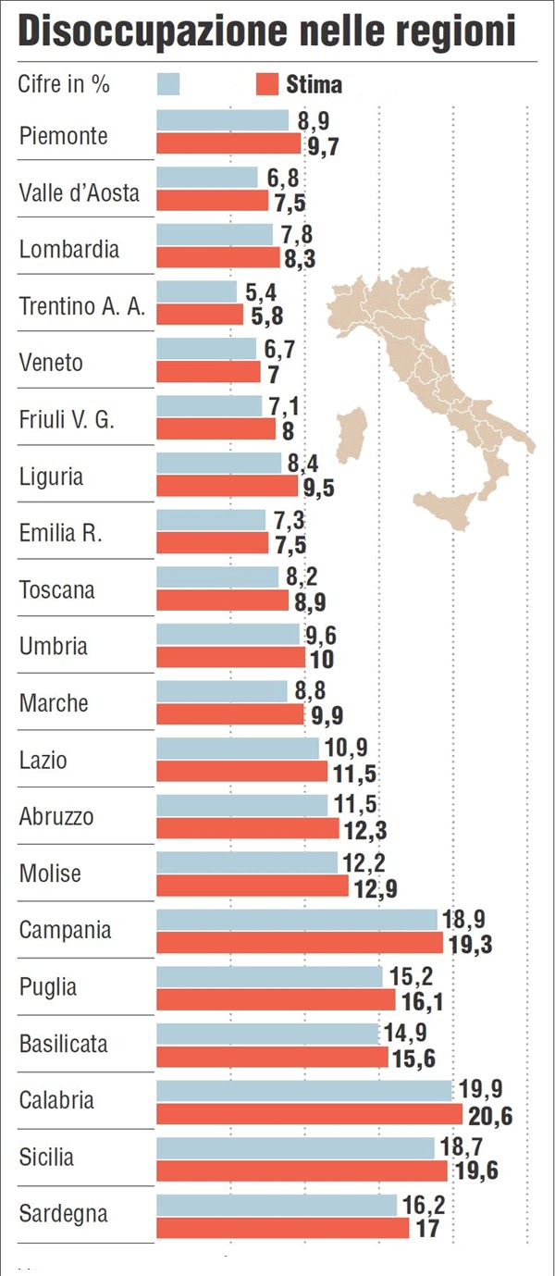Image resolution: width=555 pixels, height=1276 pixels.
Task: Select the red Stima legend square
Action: click(265, 84)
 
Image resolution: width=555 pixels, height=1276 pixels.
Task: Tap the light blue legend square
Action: click(168, 84)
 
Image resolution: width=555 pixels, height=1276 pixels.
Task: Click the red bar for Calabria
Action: click(309, 1113)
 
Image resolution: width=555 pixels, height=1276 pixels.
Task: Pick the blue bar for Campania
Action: click(296, 920)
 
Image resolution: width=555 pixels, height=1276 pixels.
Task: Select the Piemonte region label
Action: click(63, 135)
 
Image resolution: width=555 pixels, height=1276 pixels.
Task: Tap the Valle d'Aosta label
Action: click(80, 192)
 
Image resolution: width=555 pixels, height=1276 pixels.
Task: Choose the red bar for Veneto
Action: click(208, 372)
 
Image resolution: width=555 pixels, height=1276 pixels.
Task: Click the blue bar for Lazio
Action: click(237, 749)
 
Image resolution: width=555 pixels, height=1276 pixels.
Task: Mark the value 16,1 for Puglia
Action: click(421, 1001)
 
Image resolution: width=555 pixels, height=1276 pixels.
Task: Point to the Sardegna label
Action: click(63, 1213)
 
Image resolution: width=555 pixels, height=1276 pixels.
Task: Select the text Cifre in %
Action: click(64, 84)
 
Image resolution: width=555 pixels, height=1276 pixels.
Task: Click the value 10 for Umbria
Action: click(321, 660)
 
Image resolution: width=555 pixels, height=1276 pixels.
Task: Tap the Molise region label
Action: click(50, 873)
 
